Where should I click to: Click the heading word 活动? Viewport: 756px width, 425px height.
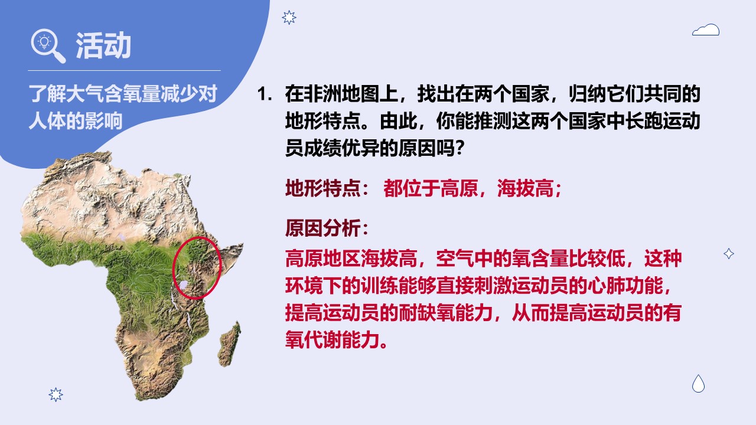pyautogui.click(x=103, y=45)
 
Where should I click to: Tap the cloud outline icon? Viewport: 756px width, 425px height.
pyautogui.click(x=705, y=30)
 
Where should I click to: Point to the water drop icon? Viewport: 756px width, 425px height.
pyautogui.click(x=698, y=384)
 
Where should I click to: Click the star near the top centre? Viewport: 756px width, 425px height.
pyautogui.click(x=289, y=18)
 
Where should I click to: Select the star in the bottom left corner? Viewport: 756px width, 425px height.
pyautogui.click(x=56, y=394)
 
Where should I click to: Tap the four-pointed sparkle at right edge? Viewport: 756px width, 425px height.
pyautogui.click(x=729, y=254)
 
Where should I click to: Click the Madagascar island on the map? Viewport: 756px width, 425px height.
pyautogui.click(x=230, y=344)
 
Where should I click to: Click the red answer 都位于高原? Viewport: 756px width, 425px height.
pyautogui.click(x=431, y=188)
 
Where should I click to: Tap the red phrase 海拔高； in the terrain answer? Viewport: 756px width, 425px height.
pyautogui.click(x=529, y=188)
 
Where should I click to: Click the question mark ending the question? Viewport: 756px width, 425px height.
pyautogui.click(x=460, y=148)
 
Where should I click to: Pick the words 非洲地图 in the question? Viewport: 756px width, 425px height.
pyautogui.click(x=341, y=94)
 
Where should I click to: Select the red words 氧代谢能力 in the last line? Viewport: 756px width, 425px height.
pyautogui.click(x=332, y=339)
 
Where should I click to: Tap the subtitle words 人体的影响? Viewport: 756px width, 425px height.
pyautogui.click(x=76, y=121)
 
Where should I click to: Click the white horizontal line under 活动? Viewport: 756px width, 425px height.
pyautogui.click(x=124, y=70)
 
